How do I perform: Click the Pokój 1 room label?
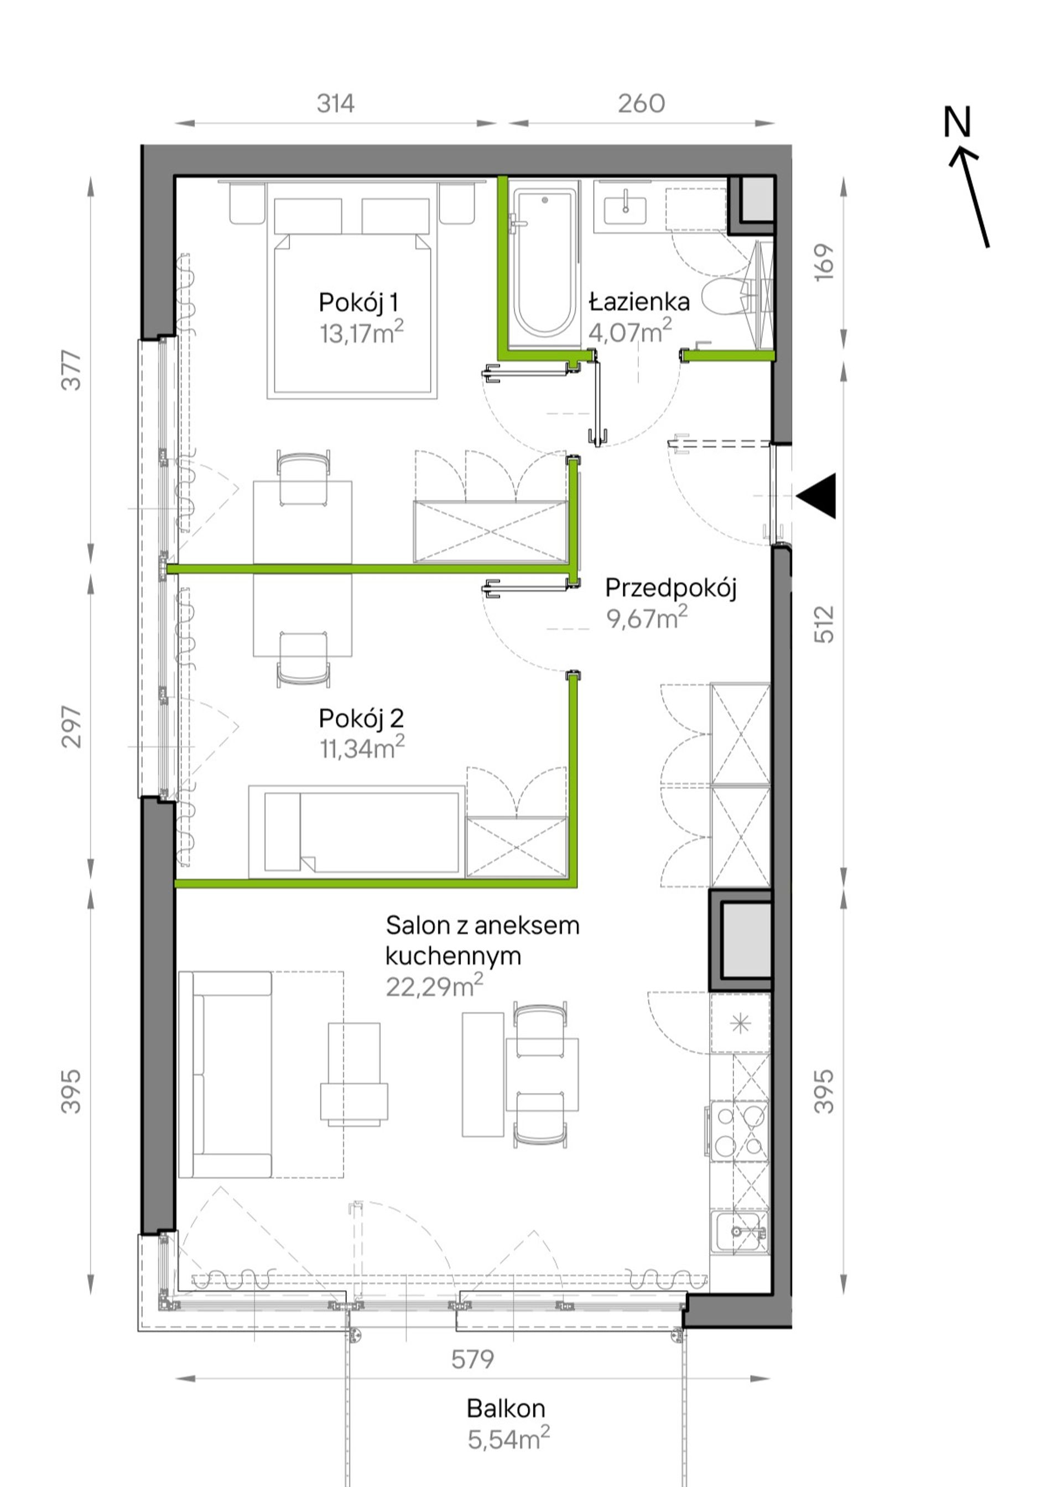coord(359,303)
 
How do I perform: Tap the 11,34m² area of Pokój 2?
coord(362,748)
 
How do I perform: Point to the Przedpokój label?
coord(671,589)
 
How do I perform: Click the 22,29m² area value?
coord(434,986)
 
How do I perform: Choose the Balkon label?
coord(506,1408)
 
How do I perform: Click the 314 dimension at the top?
coord(335,103)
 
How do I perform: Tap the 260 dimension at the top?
coord(641,103)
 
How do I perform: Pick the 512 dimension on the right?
coord(824,623)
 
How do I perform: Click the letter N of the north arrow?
coord(957,122)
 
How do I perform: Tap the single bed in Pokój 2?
coord(356,831)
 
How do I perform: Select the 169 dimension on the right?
coord(824,262)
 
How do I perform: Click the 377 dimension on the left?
coord(71,371)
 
